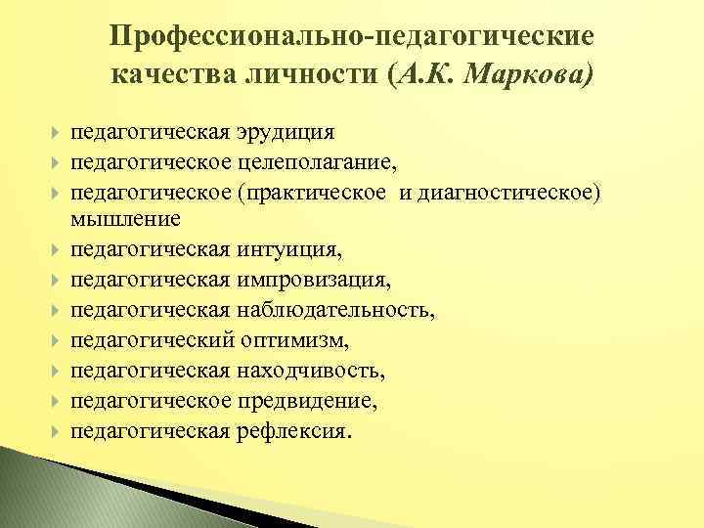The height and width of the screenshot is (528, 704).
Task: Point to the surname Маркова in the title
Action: point(528,75)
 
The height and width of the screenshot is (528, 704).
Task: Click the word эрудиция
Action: point(286,132)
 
